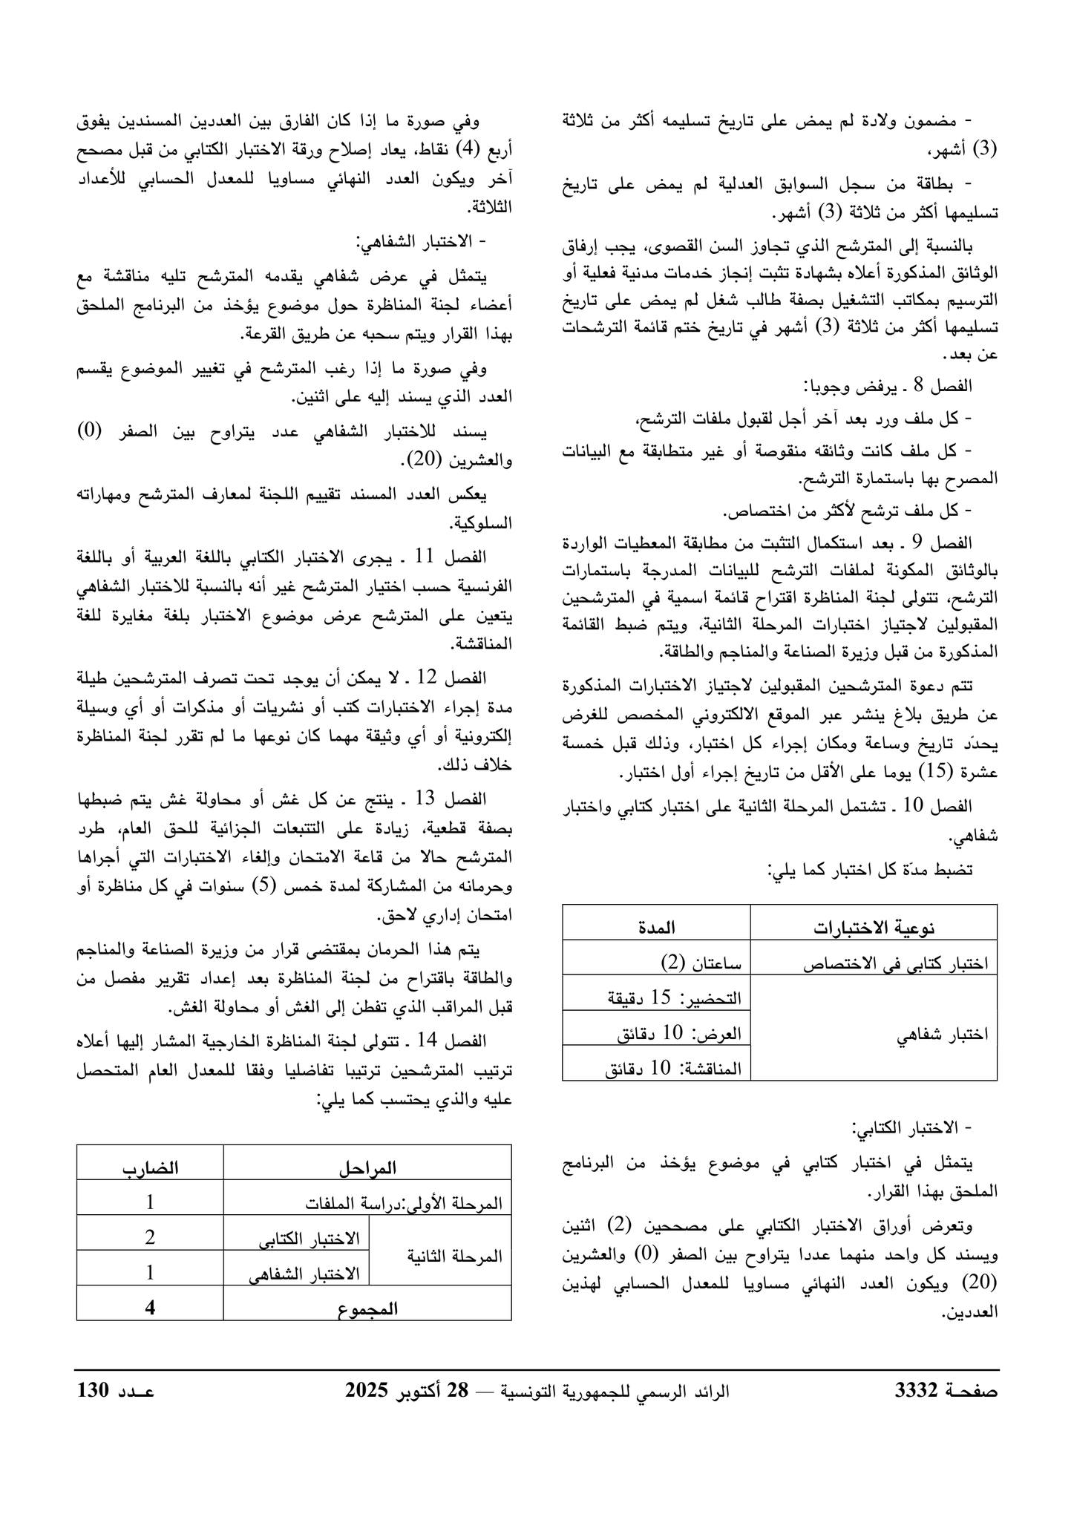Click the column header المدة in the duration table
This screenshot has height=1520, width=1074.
[656, 927]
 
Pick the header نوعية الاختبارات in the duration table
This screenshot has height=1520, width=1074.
[874, 927]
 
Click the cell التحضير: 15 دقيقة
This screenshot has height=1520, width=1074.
[675, 998]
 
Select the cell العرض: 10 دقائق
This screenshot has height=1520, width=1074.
[679, 1033]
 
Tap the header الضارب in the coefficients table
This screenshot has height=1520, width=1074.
[151, 1167]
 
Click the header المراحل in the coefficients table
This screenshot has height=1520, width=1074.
[367, 1167]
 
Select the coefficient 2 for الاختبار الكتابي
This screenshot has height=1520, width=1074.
[150, 1237]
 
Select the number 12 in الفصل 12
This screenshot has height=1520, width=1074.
[430, 678]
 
